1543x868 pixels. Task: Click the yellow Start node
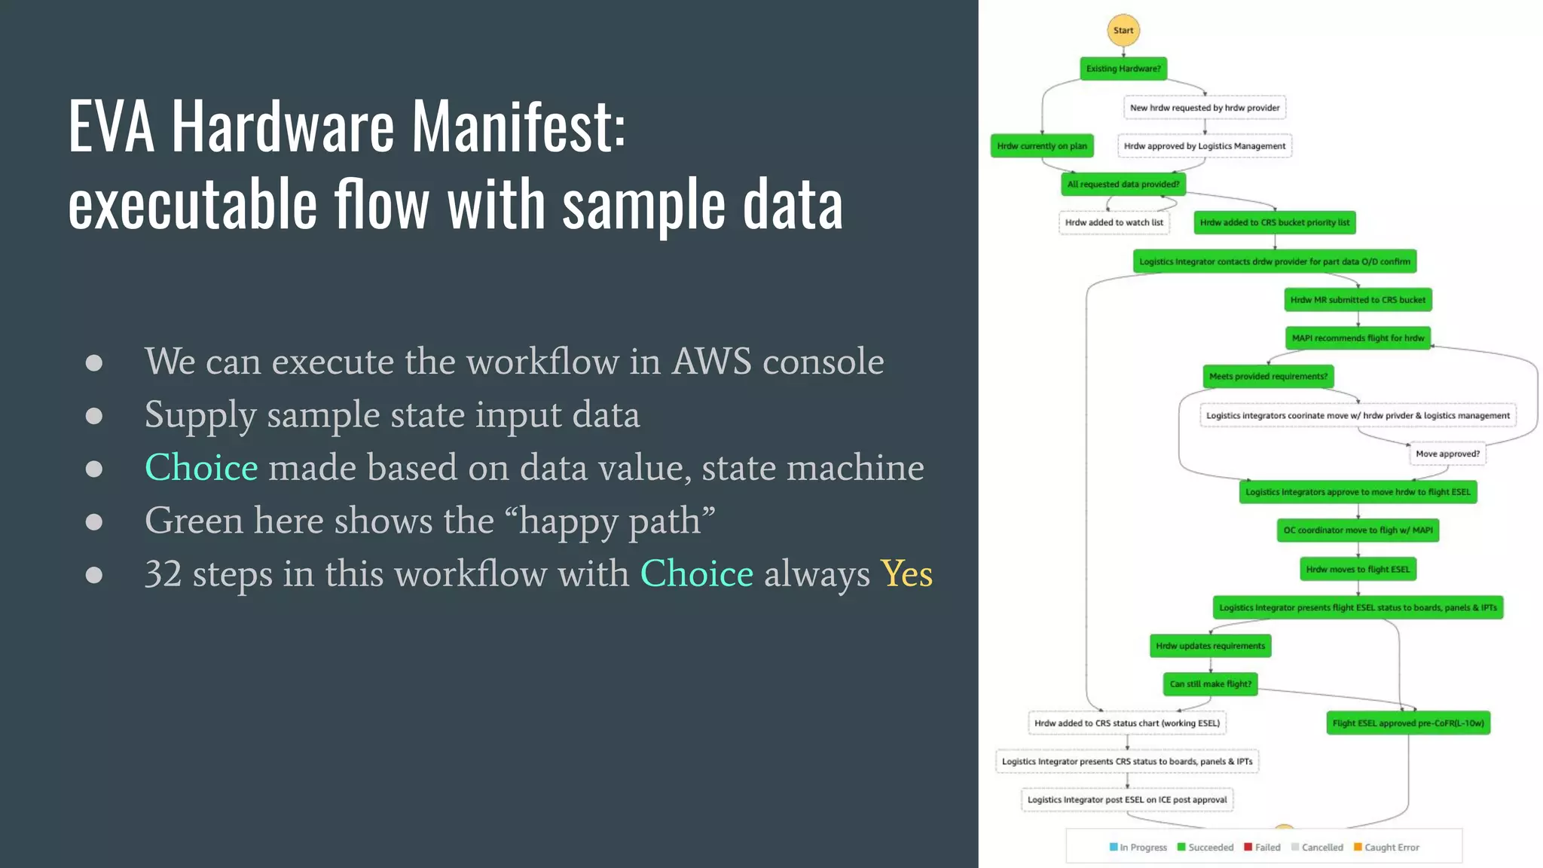click(x=1123, y=31)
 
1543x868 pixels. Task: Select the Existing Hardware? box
click(x=1123, y=69)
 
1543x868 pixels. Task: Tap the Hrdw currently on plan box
click(x=1042, y=146)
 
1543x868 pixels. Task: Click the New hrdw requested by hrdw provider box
click(x=1204, y=108)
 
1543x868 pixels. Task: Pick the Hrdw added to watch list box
click(x=1114, y=222)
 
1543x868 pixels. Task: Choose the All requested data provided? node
click(x=1123, y=184)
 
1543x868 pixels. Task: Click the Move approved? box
click(x=1447, y=454)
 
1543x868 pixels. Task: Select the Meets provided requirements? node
click(x=1268, y=376)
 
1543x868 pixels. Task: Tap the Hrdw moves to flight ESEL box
click(x=1358, y=569)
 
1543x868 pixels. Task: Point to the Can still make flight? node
click(x=1210, y=684)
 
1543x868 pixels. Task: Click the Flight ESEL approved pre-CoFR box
click(x=1407, y=723)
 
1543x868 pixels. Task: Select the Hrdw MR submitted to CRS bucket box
click(x=1358, y=300)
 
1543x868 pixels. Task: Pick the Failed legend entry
click(x=1263, y=848)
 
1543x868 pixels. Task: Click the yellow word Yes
click(x=906, y=574)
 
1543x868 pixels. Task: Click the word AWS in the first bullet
click(x=711, y=362)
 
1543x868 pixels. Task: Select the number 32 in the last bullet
click(x=163, y=574)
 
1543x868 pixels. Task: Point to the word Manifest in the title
click(x=518, y=126)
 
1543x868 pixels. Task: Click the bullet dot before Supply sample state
click(x=94, y=416)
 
